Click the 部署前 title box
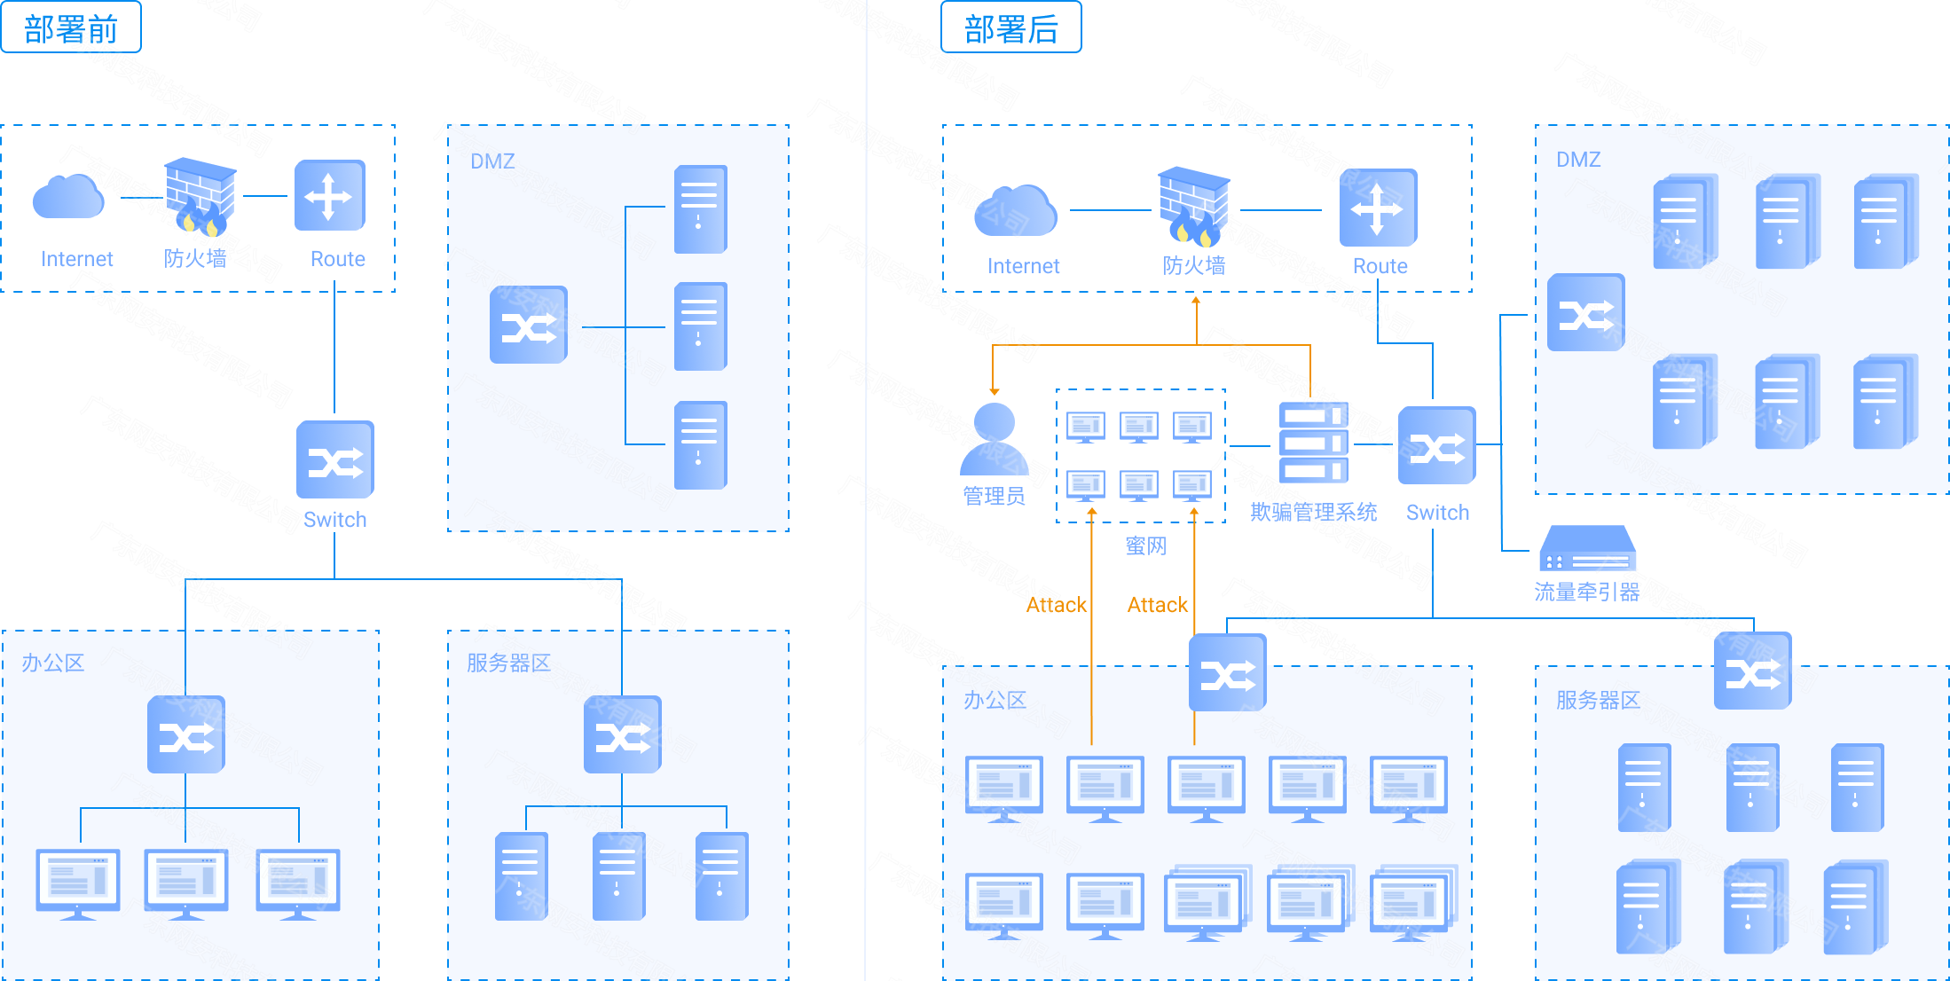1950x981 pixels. (71, 27)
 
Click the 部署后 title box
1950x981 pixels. (1010, 27)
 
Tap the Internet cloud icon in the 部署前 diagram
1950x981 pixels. (68, 197)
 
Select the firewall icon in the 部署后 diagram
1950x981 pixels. (1194, 207)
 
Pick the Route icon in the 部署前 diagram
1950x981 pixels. (330, 195)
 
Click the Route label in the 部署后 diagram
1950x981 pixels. (1380, 266)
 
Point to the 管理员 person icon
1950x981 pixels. (994, 439)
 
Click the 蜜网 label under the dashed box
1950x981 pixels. (1145, 546)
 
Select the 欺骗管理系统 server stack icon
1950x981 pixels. (1313, 443)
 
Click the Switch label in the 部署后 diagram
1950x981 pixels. (1437, 513)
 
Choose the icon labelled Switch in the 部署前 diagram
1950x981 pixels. (334, 459)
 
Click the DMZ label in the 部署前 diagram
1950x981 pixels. (492, 161)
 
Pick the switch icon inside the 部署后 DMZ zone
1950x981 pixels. (1585, 312)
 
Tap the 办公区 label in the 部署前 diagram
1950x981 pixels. (53, 663)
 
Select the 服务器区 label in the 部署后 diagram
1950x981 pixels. (1598, 700)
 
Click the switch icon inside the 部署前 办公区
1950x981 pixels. (185, 734)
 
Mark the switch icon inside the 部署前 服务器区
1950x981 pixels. (622, 734)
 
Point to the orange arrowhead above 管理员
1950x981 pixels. (995, 390)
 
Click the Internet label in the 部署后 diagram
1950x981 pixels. (1023, 266)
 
